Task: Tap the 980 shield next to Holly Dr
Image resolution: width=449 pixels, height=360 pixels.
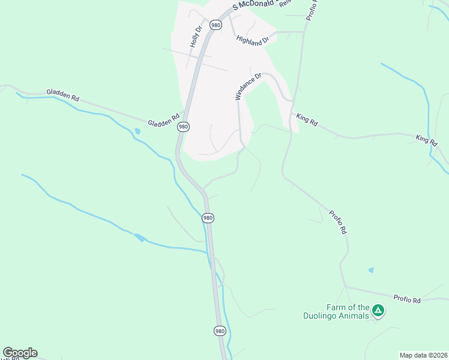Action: (215, 25)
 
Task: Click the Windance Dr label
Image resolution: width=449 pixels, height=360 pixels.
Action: (248, 86)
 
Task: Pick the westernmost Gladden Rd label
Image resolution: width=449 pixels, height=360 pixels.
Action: (62, 95)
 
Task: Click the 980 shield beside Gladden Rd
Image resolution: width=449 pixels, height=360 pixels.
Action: (183, 127)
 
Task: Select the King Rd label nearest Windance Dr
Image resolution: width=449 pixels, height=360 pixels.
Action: (307, 120)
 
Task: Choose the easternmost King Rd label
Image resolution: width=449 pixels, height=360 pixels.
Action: (426, 139)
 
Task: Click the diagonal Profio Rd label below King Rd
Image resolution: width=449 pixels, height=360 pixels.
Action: (338, 221)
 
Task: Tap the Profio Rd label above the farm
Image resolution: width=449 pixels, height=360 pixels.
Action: (408, 298)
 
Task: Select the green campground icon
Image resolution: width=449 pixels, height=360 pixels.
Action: (378, 310)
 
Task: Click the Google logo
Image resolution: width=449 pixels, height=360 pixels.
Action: (20, 353)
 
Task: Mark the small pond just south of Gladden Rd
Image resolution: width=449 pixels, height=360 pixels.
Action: (138, 131)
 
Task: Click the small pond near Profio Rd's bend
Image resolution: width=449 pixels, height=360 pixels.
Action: (371, 271)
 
